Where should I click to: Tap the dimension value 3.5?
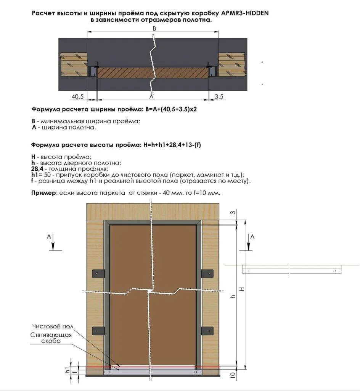pos(219,97)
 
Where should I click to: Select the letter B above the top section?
pos(154,29)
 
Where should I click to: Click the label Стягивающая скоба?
pos(51,338)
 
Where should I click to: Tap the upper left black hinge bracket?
pos(98,274)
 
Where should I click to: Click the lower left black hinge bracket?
pos(98,330)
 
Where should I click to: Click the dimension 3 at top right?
pos(233,213)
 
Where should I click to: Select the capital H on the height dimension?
pos(242,289)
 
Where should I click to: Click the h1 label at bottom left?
pos(67,369)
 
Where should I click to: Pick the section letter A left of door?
pos(49,237)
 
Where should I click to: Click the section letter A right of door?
pos(252,237)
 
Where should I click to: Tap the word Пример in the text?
pos(43,193)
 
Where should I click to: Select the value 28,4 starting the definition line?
pos(37,169)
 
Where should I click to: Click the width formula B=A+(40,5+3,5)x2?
pos(171,109)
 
